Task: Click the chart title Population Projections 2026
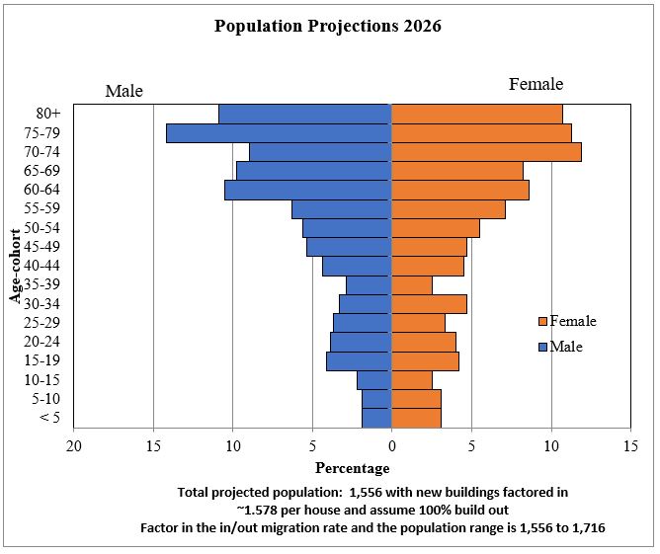click(x=328, y=27)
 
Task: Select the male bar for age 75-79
click(x=279, y=133)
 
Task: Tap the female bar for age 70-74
click(x=486, y=152)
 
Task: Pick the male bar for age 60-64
click(x=308, y=190)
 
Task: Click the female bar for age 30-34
click(x=429, y=303)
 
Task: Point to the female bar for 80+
click(x=477, y=115)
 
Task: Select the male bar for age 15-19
click(x=359, y=361)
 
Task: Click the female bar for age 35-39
click(x=412, y=285)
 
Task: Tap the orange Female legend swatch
click(x=542, y=322)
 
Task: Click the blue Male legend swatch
click(x=542, y=347)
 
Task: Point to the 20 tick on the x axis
click(x=74, y=445)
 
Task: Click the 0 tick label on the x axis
click(x=392, y=445)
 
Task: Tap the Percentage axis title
click(x=352, y=468)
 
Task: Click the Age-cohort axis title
click(x=17, y=266)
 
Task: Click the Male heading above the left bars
click(x=124, y=91)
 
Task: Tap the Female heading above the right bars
click(x=536, y=84)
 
